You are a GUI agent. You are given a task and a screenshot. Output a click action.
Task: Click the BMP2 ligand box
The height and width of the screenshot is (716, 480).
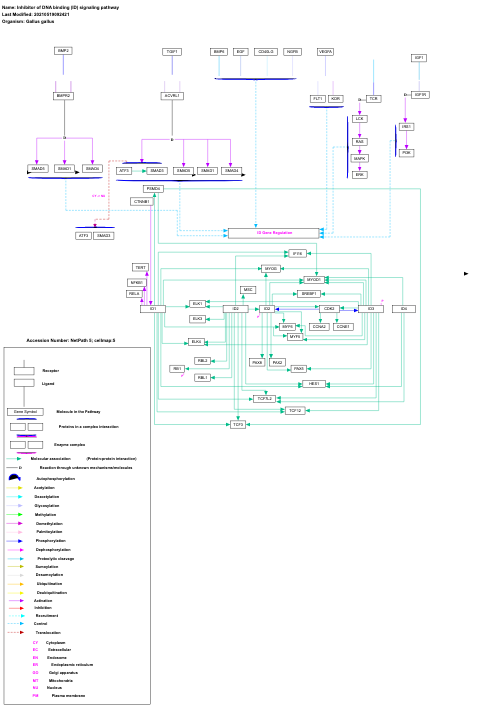point(63,50)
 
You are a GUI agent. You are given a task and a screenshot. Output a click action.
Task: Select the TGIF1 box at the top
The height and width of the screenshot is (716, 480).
point(172,51)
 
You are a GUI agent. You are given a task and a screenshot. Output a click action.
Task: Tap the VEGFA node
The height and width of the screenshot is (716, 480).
point(326,51)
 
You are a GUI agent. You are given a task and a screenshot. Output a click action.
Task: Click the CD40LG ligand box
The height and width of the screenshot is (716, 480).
point(266,51)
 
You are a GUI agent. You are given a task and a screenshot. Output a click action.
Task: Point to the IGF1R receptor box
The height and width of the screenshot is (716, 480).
point(421,95)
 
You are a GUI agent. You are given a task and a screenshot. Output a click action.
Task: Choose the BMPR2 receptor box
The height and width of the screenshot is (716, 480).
point(64,96)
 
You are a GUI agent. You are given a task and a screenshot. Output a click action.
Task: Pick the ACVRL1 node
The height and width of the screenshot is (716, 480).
point(172,96)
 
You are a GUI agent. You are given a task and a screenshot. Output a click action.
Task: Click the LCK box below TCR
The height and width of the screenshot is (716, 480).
point(360,119)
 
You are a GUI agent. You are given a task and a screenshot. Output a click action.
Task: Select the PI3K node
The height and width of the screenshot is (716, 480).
point(406,153)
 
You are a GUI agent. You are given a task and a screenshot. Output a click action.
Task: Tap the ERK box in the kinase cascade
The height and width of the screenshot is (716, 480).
point(360,175)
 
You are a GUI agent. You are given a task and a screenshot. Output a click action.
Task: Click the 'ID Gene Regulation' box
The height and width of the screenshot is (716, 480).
point(274,233)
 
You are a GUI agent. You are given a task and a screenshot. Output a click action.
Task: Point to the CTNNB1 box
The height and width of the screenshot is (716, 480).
point(141,201)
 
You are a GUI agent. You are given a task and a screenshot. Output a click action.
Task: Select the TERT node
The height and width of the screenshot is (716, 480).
point(141,268)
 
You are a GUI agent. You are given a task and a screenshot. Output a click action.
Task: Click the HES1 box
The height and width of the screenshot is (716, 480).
point(314,384)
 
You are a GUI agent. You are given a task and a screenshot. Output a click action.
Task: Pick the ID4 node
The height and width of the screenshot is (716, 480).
point(404,309)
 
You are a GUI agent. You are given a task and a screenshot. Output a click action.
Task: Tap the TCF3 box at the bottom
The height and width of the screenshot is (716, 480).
point(237,425)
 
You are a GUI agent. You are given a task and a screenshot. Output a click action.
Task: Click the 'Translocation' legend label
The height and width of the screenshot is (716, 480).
point(48,633)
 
